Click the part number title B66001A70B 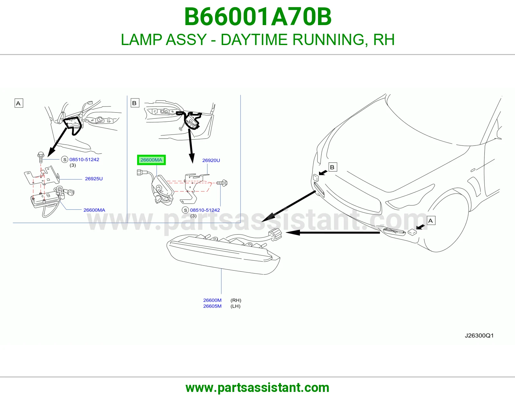pyautogui.click(x=257, y=17)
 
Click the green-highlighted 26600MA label pyautogui.click(x=151, y=160)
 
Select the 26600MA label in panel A pyautogui.click(x=94, y=210)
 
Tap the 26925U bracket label pyautogui.click(x=94, y=179)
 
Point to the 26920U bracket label pyautogui.click(x=211, y=161)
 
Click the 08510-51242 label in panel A pyautogui.click(x=84, y=160)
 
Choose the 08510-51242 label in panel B pyautogui.click(x=205, y=210)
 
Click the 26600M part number pyautogui.click(x=212, y=300)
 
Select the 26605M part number pyautogui.click(x=212, y=306)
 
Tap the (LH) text pyautogui.click(x=235, y=306)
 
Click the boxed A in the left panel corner pyautogui.click(x=19, y=103)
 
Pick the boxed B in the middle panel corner pyautogui.click(x=135, y=103)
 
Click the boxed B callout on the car pyautogui.click(x=332, y=167)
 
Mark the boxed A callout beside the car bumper pyautogui.click(x=431, y=221)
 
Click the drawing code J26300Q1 pyautogui.click(x=479, y=336)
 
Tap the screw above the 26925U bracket pyautogui.click(x=41, y=157)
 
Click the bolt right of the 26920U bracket pyautogui.click(x=222, y=183)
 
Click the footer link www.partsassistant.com pyautogui.click(x=257, y=388)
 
